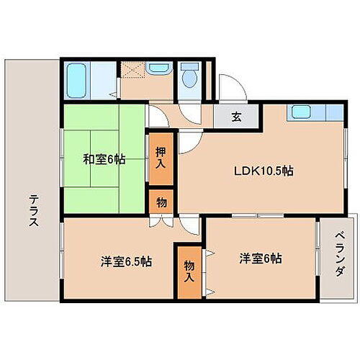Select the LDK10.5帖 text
(x=261, y=171)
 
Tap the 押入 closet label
(x=162, y=158)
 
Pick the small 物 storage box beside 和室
(x=161, y=202)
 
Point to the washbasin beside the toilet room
(x=157, y=68)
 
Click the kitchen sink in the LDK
(x=299, y=112)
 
